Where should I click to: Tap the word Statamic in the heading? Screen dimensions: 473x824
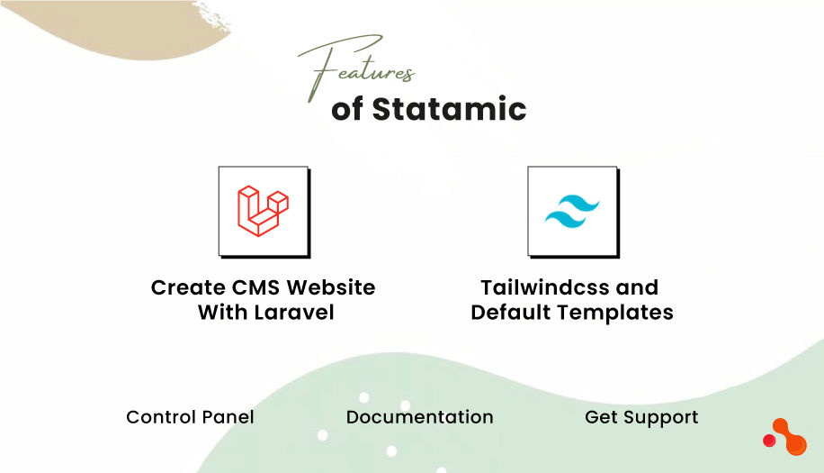pyautogui.click(x=449, y=109)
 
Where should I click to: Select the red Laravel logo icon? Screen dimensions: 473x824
pyautogui.click(x=263, y=211)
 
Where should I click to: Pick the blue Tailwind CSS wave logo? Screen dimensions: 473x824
pyautogui.click(x=572, y=212)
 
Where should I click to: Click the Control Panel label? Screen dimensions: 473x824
pyautogui.click(x=190, y=417)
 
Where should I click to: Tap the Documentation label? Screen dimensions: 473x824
pyautogui.click(x=419, y=417)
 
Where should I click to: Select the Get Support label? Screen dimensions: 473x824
pyautogui.click(x=641, y=417)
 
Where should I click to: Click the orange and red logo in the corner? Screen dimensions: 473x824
pyautogui.click(x=785, y=437)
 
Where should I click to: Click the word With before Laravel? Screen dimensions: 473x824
pyautogui.click(x=219, y=313)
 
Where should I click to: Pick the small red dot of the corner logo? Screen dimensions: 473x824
pyautogui.click(x=769, y=441)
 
